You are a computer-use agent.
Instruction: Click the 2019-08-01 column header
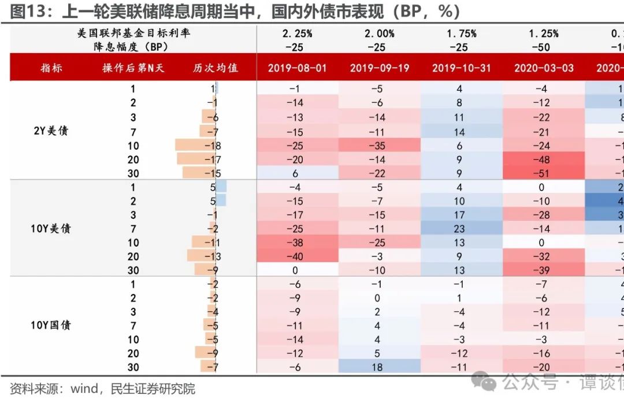pos(297,68)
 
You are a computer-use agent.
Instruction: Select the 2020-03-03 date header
pos(544,68)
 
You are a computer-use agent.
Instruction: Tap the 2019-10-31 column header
pos(461,68)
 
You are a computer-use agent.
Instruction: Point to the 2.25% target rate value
pos(297,34)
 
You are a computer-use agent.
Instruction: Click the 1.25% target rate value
pos(544,34)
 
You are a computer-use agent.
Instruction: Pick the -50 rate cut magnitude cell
pos(544,47)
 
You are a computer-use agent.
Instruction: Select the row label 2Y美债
pos(51,131)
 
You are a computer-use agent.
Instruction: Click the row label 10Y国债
pos(51,325)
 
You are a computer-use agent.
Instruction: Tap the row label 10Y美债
pos(51,228)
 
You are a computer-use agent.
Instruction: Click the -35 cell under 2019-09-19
pos(379,145)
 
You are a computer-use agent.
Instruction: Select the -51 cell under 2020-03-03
pos(544,173)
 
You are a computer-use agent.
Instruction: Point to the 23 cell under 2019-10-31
pos(461,228)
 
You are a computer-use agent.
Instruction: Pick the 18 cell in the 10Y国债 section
pos(379,367)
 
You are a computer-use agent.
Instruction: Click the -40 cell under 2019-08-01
pos(297,256)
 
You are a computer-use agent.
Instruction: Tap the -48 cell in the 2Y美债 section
pos(544,159)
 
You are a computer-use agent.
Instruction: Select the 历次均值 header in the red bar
pos(216,68)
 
